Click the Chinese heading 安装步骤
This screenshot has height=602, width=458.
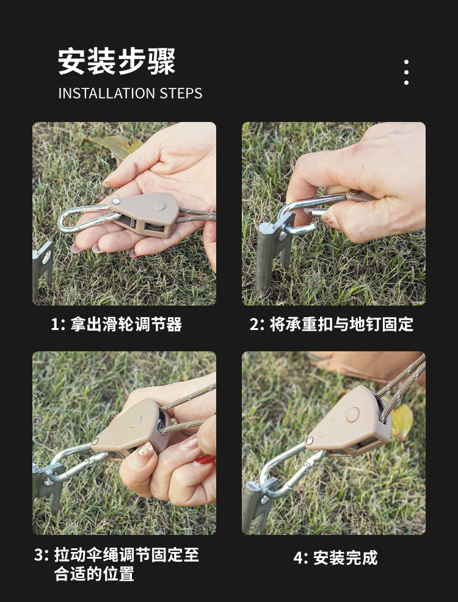tap(117, 62)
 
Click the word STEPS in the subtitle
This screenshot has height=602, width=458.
tap(181, 93)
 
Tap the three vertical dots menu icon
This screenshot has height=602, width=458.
tap(406, 73)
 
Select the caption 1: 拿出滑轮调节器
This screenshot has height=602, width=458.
tap(116, 324)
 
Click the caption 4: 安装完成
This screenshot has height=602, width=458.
tap(335, 557)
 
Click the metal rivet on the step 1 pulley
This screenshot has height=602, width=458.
tap(115, 201)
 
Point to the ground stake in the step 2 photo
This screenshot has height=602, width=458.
tap(269, 256)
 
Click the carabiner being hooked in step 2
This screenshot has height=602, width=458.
tap(305, 213)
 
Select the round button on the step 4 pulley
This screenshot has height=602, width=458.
tap(352, 415)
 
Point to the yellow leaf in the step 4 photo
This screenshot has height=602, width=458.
tap(401, 421)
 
